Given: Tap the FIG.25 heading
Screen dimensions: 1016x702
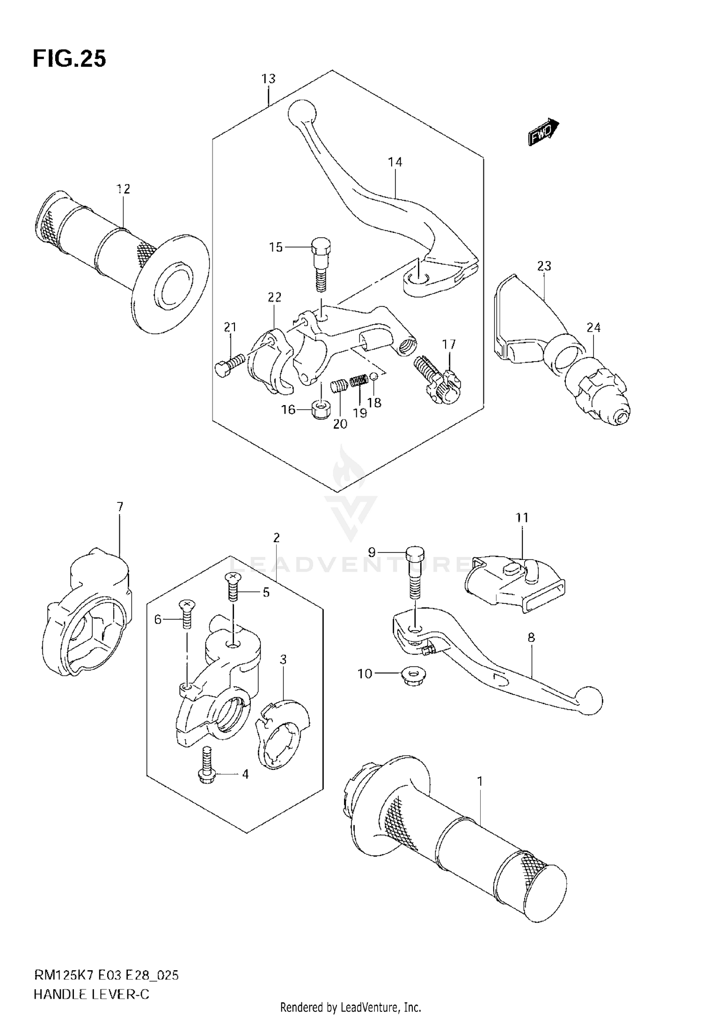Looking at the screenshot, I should [x=69, y=59].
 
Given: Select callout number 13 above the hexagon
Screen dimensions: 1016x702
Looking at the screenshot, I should [x=268, y=79].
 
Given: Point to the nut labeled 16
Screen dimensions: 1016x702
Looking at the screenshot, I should [x=321, y=409].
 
